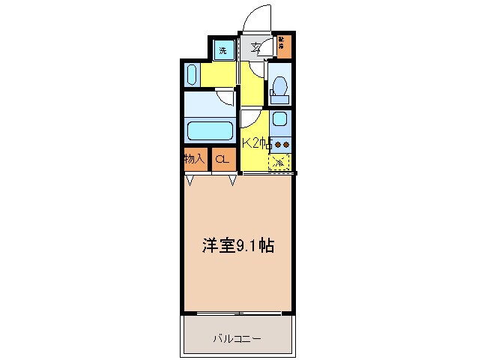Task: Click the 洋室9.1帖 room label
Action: pos(237,245)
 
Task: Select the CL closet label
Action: pos(222,159)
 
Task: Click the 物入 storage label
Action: pos(196,159)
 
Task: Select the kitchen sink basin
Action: pos(279,119)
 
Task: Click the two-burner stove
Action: pos(281,143)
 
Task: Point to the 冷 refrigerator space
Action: pos(279,161)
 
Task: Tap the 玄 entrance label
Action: pos(255,49)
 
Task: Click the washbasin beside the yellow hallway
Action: pos(192,76)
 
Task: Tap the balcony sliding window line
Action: pos(236,313)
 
